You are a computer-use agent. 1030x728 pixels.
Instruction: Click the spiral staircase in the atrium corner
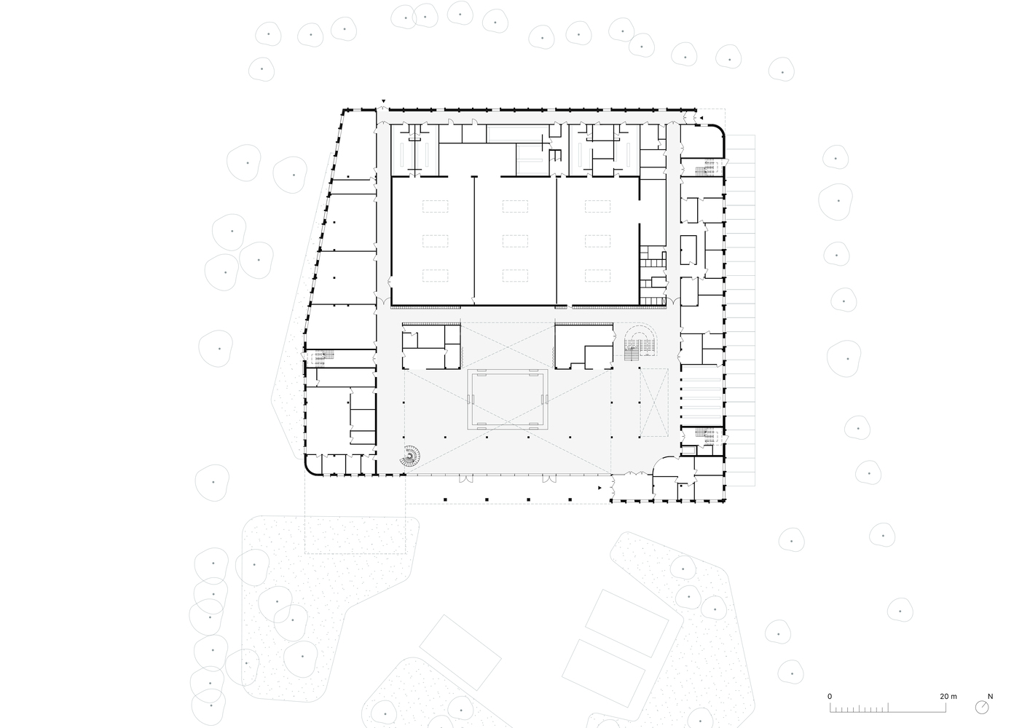tap(410, 456)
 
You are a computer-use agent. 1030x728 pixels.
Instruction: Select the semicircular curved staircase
tap(640, 342)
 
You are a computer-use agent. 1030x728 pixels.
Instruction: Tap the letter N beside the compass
tap(990, 696)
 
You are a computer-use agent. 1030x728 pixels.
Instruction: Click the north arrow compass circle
tap(982, 708)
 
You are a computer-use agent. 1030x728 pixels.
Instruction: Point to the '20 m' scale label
tap(948, 696)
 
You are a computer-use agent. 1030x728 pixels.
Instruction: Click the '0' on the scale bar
tap(830, 696)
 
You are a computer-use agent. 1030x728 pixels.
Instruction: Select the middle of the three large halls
tap(515, 241)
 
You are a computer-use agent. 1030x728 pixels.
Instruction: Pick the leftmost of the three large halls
tap(433, 241)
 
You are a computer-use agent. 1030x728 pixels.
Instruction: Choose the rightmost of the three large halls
tap(598, 241)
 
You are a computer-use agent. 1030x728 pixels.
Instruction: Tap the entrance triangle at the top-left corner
tap(383, 101)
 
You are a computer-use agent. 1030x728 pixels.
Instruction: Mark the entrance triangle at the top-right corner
tap(701, 118)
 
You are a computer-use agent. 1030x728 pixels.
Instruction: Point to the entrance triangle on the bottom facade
tap(599, 487)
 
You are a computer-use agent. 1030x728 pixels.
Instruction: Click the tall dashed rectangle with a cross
tap(654, 402)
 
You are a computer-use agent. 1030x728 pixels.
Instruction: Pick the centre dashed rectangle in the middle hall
tap(515, 241)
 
